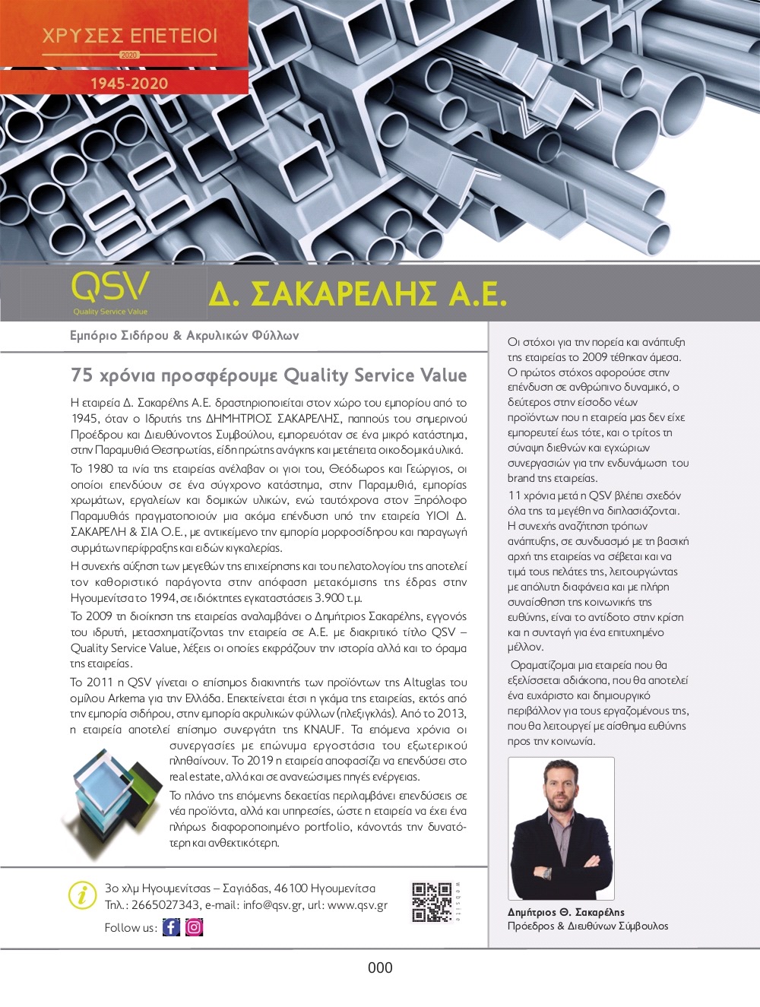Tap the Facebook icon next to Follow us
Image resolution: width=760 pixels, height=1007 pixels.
[172, 927]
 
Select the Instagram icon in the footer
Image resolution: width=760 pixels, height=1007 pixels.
[195, 927]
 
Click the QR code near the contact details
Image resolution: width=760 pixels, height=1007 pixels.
[432, 902]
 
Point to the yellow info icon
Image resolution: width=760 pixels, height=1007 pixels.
[82, 895]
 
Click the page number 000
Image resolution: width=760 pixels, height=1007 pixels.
[380, 967]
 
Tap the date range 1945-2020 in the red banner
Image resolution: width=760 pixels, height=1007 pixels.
[129, 84]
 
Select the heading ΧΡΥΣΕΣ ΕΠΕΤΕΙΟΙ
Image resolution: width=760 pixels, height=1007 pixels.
[129, 36]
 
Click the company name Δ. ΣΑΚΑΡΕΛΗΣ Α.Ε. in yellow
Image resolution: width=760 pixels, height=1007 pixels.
[357, 294]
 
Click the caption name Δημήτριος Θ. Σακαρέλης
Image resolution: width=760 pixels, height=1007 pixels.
[565, 912]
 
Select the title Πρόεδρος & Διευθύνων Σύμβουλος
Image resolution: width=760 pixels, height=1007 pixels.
[587, 926]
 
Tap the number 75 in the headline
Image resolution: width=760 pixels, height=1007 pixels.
[81, 375]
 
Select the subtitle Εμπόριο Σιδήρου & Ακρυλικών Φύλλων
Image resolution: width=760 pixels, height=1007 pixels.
[184, 335]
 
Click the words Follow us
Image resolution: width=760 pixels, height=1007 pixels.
[130, 927]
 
